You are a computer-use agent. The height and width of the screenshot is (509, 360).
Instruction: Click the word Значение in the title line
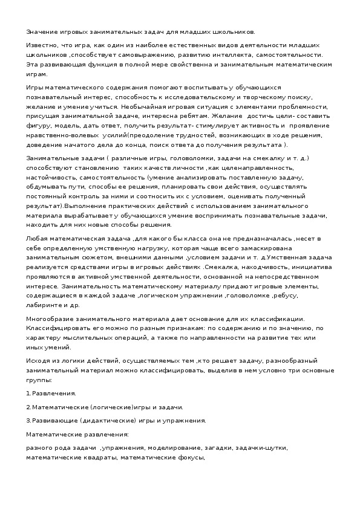(41, 32)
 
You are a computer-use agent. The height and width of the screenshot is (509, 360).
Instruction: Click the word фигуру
(38, 126)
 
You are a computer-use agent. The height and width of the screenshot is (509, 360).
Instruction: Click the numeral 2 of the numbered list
(28, 407)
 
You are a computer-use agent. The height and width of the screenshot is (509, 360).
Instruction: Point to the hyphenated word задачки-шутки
(261, 449)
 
